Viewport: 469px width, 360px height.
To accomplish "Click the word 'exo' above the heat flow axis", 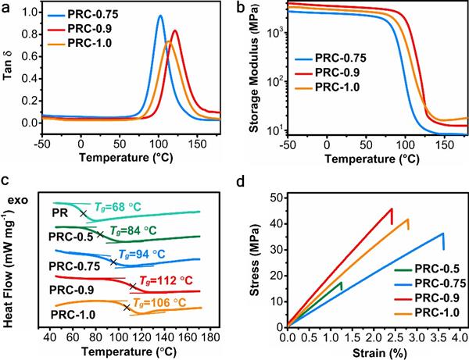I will (18, 199).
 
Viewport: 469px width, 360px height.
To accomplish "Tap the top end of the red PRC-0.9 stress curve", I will (391, 209).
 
